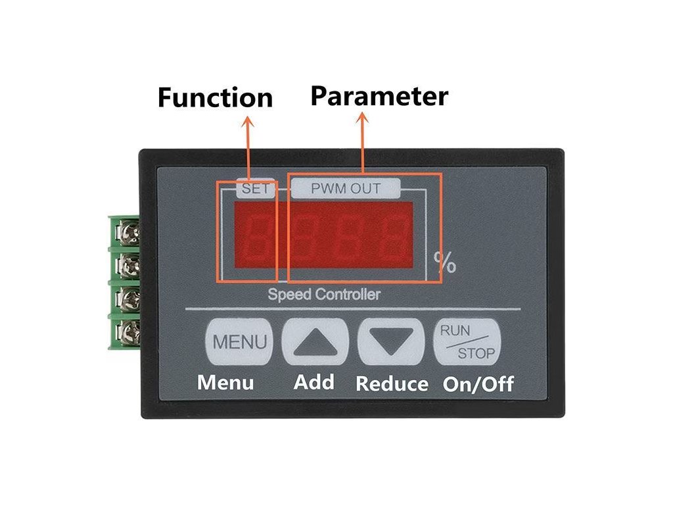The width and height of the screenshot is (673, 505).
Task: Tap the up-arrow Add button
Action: coord(314,342)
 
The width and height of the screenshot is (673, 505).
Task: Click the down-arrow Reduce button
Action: coord(390,342)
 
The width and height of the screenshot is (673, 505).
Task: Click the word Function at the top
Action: coord(215,98)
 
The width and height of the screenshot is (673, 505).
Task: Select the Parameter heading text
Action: coord(379,96)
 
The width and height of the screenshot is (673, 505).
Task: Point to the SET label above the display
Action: coord(256,189)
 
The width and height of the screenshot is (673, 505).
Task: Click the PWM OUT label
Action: coord(346,189)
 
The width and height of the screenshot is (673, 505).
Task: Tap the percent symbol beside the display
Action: coord(445,263)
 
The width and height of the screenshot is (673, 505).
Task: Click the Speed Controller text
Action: coord(323,294)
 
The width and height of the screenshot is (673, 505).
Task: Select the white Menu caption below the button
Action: coord(225,382)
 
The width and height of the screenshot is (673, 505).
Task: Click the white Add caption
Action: coord(314,382)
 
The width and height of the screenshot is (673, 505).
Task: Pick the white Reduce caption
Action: coord(392,384)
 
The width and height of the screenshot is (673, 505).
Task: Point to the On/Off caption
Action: coord(478,384)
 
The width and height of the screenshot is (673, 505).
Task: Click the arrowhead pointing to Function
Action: coord(248,122)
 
